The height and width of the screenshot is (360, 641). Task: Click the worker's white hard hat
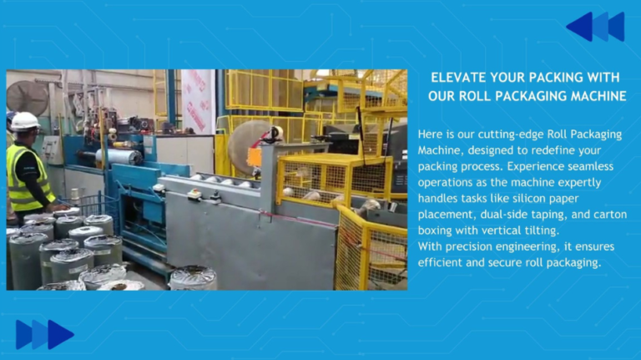pyautogui.click(x=25, y=121)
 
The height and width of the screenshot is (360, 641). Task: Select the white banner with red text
pyautogui.click(x=197, y=100)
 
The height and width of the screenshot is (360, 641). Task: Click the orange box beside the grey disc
pyautogui.click(x=255, y=156)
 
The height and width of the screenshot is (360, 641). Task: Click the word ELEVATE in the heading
pyautogui.click(x=459, y=78)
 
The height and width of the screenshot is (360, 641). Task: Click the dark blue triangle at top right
pyautogui.click(x=581, y=27)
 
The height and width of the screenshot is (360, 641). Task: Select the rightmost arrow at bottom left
pyautogui.click(x=60, y=334)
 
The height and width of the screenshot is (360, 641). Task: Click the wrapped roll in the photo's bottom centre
pyautogui.click(x=194, y=278)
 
